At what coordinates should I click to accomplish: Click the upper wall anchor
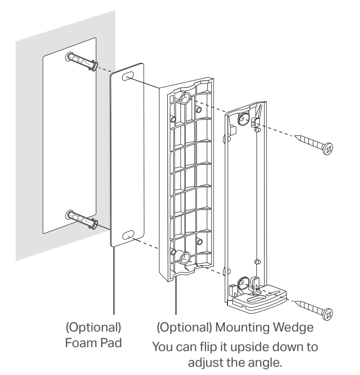(81, 62)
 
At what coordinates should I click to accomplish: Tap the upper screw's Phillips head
(328, 148)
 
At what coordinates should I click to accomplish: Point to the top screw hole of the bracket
(243, 117)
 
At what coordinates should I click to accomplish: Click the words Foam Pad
(93, 343)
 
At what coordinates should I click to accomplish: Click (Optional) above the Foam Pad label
(93, 327)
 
